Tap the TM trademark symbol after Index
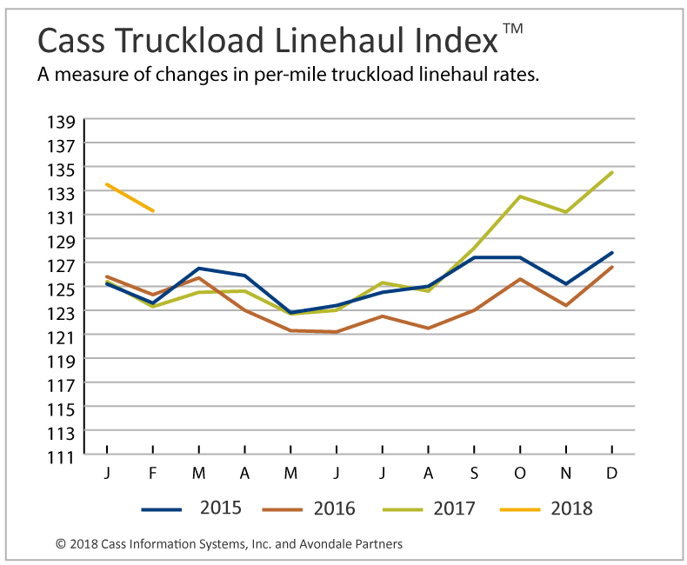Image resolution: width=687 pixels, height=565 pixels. (513, 29)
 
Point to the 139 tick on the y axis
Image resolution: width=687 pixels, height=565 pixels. (64, 120)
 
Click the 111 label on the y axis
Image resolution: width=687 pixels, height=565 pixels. (64, 455)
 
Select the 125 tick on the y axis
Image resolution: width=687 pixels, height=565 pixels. (64, 288)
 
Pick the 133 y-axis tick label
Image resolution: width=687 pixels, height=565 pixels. (64, 192)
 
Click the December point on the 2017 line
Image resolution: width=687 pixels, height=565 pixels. (612, 172)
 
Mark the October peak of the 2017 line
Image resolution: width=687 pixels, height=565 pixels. (520, 196)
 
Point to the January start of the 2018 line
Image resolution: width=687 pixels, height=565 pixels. (107, 184)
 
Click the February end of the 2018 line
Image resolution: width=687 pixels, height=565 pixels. (153, 210)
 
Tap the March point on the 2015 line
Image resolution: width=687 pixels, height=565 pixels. (199, 269)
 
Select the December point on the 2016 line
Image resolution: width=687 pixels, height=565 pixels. (612, 267)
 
